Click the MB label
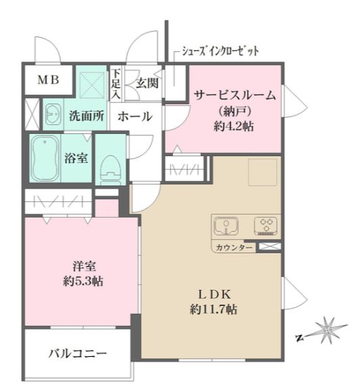tap(48, 80)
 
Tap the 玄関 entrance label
tap(147, 84)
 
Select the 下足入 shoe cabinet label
tap(116, 84)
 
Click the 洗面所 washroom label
tap(87, 116)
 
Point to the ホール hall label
tap(135, 117)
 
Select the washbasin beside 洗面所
tap(51, 116)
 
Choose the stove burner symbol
tap(265, 225)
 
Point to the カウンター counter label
tap(235, 248)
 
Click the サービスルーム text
tap(235, 95)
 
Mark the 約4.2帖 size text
tap(235, 126)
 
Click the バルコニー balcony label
tap(78, 353)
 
